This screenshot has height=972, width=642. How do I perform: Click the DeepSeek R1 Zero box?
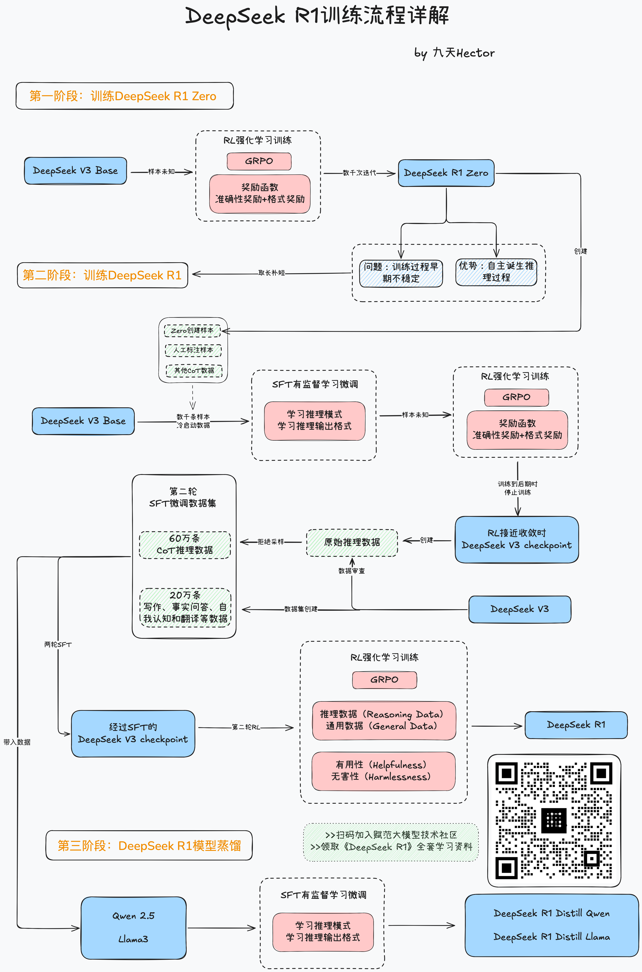click(x=446, y=173)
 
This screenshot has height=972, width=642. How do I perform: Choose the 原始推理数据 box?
click(x=352, y=542)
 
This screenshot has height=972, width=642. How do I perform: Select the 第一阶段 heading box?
click(x=125, y=96)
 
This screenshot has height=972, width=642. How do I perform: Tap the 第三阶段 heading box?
click(x=149, y=845)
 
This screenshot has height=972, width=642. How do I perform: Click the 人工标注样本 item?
click(x=193, y=350)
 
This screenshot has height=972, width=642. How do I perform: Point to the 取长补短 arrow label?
click(x=272, y=273)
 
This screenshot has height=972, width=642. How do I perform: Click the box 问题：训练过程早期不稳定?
click(x=401, y=273)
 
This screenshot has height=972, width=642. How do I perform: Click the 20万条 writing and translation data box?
click(x=185, y=607)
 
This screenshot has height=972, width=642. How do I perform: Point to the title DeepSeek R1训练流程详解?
click(x=317, y=16)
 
